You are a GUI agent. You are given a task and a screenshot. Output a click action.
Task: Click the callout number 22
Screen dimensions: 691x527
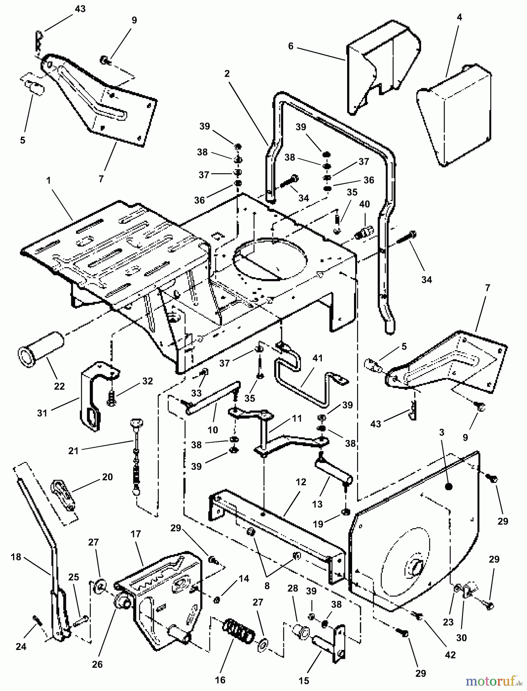tap(59, 385)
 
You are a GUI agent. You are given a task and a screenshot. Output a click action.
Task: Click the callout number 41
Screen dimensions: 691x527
tap(318, 359)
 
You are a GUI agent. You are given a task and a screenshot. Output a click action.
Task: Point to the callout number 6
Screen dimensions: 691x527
tap(291, 46)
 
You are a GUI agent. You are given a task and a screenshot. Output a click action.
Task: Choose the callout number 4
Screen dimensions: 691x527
tap(459, 17)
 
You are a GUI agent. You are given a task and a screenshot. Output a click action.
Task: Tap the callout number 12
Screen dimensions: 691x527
tap(301, 482)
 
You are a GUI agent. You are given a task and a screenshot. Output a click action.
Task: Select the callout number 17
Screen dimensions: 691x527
tap(136, 534)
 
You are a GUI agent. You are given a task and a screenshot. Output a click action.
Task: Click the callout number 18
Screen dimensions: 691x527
tap(16, 557)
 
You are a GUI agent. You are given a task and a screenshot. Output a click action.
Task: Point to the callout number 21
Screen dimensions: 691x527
tap(73, 451)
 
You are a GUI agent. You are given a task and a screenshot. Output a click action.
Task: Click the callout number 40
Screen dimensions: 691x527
tap(364, 204)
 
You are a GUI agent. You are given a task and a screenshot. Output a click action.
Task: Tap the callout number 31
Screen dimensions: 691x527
tap(42, 413)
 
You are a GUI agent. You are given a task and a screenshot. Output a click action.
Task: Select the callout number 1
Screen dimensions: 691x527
tap(49, 180)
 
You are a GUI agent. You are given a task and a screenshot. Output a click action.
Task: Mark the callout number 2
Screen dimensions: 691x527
tap(227, 74)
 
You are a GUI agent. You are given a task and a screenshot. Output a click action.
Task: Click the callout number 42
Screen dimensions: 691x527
tap(450, 655)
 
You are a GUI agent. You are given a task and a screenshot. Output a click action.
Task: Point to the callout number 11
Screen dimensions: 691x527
tap(297, 418)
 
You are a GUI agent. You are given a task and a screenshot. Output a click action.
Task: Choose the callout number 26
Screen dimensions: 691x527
tap(97, 664)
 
